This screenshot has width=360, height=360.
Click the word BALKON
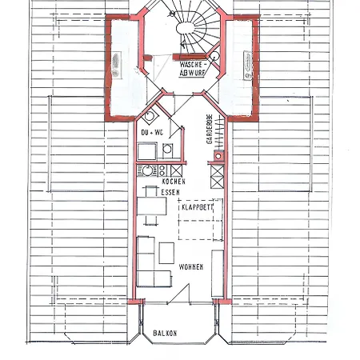165,333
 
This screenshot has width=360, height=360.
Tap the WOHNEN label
191,267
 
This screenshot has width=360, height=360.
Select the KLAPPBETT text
198,207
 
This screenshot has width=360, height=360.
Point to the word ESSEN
170,192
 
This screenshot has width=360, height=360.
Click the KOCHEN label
174,182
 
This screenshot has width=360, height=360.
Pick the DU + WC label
152,132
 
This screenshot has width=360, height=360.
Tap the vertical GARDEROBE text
210,130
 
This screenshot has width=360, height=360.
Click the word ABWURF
192,73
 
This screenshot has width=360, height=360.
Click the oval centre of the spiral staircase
185,28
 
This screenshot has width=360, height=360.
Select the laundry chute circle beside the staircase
214,56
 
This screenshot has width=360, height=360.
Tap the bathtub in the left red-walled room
116,66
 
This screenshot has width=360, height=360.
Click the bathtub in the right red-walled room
248,66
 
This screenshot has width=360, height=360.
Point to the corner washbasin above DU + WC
150,116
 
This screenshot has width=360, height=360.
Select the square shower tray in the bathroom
147,151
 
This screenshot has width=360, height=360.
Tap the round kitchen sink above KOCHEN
147,170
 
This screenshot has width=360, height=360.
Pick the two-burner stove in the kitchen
162,170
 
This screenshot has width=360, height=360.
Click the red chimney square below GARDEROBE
218,156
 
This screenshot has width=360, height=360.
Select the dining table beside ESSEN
151,206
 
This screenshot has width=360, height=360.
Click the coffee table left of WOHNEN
166,253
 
